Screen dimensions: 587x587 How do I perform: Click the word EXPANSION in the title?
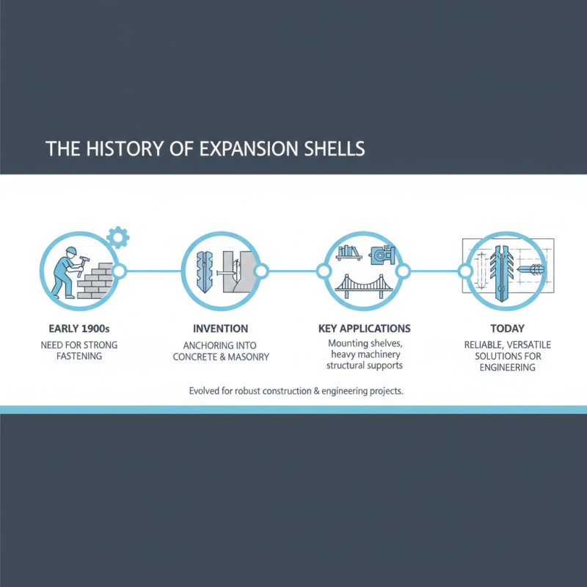(244, 147)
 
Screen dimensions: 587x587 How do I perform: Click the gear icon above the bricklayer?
(117, 237)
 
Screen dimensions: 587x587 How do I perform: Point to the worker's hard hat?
(70, 252)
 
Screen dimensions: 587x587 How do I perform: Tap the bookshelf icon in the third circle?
(347, 253)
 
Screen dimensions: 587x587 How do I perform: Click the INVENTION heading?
(219, 329)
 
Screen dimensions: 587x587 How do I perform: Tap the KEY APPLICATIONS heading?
(365, 329)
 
